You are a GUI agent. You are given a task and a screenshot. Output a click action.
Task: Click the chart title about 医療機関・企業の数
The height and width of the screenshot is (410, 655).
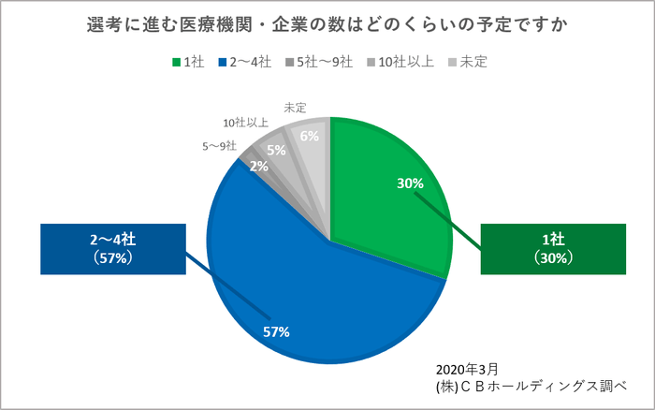coord(327,22)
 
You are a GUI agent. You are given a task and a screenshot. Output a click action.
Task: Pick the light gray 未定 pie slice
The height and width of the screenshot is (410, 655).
coord(315,150)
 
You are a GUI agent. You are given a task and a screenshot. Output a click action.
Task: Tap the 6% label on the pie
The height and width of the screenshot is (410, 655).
coord(310,136)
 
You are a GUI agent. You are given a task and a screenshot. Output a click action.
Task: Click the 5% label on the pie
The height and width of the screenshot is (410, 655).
coord(276,150)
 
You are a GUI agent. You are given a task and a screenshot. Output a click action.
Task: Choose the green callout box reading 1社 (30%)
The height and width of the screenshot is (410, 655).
coord(552,249)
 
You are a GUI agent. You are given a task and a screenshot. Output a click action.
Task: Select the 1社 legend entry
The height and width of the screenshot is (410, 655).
coord(188,62)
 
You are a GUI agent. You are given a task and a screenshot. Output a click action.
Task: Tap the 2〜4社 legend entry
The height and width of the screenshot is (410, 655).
coord(244,62)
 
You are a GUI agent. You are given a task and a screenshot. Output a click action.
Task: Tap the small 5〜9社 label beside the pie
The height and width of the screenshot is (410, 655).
coord(219,146)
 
